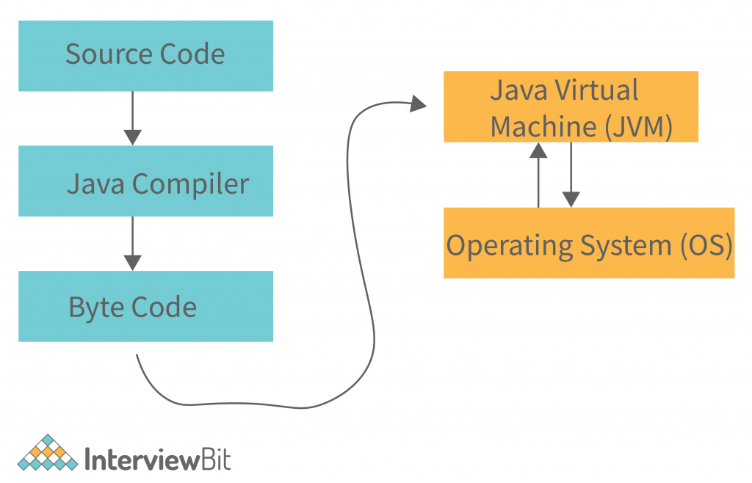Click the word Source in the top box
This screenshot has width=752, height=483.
pyautogui.click(x=106, y=55)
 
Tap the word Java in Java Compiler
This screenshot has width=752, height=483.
pyautogui.click(x=96, y=184)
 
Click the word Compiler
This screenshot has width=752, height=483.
pyautogui.click(x=191, y=184)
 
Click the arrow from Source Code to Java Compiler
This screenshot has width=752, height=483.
pyautogui.click(x=132, y=117)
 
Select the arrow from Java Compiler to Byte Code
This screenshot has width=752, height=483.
pyautogui.click(x=132, y=243)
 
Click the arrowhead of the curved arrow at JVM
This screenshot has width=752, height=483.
pyautogui.click(x=419, y=104)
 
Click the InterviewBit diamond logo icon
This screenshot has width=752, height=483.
pyautogui.click(x=48, y=453)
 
